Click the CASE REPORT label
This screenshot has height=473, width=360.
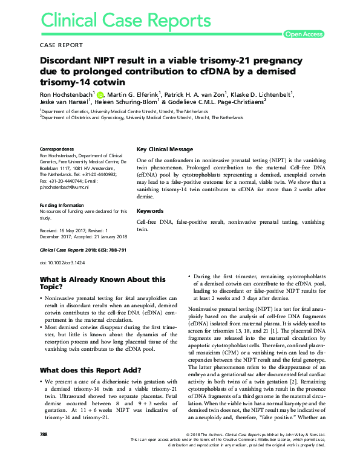click(61, 45)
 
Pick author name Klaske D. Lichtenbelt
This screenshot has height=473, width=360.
click(262, 94)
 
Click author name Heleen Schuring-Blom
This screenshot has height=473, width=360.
click(123, 102)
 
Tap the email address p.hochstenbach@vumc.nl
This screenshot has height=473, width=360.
click(64, 188)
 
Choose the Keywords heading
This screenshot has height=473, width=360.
click(150, 211)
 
